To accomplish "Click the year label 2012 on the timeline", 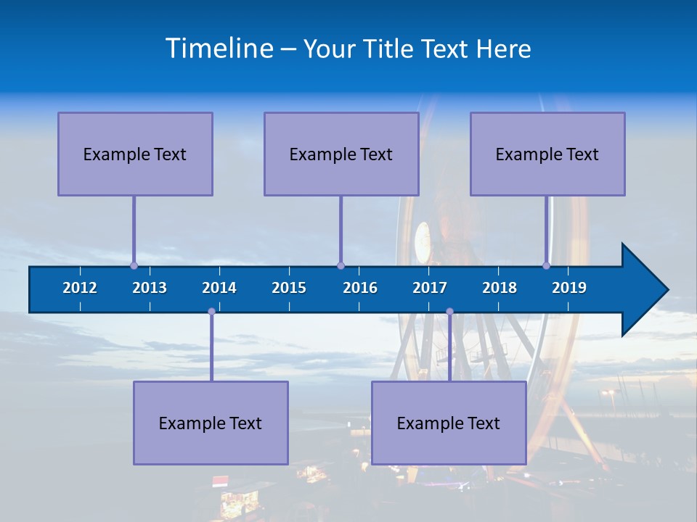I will [x=80, y=288].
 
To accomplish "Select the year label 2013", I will [x=150, y=288].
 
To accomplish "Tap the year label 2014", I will [x=219, y=288].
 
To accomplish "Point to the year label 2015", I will [x=289, y=288].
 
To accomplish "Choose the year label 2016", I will [x=360, y=288].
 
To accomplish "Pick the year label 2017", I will [x=430, y=288].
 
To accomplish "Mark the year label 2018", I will [x=500, y=288].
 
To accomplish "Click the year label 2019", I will [x=569, y=288].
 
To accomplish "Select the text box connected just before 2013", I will [x=135, y=154].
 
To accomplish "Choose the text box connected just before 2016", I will [x=341, y=154].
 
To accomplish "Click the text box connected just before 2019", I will [x=547, y=154].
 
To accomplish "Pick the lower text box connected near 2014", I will [x=211, y=423].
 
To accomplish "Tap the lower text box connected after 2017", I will [x=449, y=423].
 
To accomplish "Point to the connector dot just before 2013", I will [x=134, y=266].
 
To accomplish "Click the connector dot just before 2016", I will [x=341, y=266].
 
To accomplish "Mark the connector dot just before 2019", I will [x=547, y=266].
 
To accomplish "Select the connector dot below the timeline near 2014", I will [x=211, y=312].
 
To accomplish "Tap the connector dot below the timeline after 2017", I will [x=449, y=312].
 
